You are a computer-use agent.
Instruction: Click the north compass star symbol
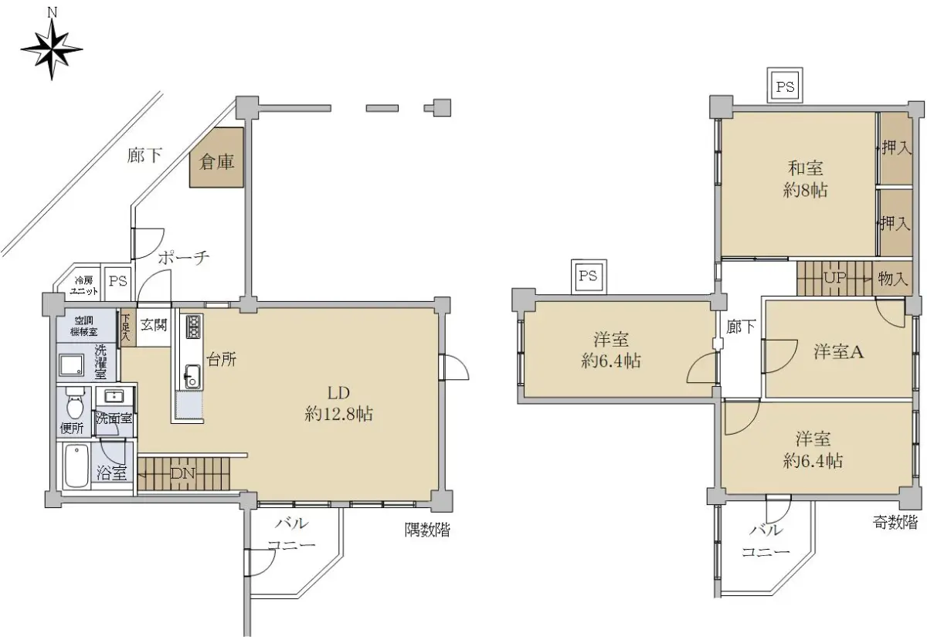[x=52, y=49]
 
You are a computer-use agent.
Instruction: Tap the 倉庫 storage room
[x=216, y=158]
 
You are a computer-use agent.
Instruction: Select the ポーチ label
[x=184, y=258]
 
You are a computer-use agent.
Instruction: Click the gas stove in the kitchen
[x=193, y=327]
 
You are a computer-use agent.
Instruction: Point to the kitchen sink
[x=192, y=376]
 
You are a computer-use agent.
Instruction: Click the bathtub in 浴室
[x=77, y=466]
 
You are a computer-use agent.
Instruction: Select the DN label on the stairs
[x=182, y=473]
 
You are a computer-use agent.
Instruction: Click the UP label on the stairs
[x=835, y=277]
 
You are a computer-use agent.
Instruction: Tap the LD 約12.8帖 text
[x=338, y=403]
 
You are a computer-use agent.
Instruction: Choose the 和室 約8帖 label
[x=805, y=179]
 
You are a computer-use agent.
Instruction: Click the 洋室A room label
[x=838, y=351]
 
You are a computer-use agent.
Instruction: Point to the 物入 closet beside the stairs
[x=892, y=279]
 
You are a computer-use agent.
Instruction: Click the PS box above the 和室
[x=785, y=86]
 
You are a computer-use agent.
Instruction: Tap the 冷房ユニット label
[x=83, y=286]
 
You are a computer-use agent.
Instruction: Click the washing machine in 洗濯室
[x=71, y=364]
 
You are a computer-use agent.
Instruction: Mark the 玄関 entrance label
[x=154, y=325]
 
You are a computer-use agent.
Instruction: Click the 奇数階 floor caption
[x=895, y=523]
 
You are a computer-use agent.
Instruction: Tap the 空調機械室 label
[x=84, y=326]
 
